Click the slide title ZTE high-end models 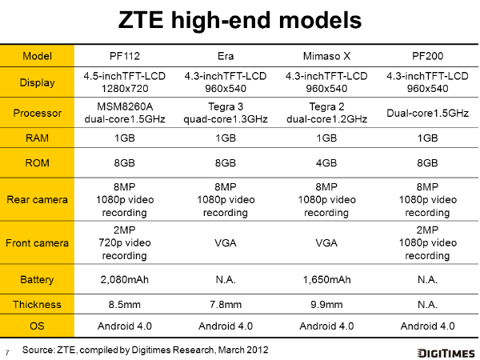pos(240,20)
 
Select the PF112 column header pos(125,56)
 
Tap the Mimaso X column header pos(326,56)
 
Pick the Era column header pos(226,56)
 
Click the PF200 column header pos(427,56)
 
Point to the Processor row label pos(38,113)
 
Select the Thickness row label pos(37,305)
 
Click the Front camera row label pos(37,243)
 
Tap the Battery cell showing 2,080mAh pos(125,279)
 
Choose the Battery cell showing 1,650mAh pos(326,279)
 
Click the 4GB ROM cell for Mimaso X pos(326,163)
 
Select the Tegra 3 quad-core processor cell pos(226,113)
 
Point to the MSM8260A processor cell pos(125,113)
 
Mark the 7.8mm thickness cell pos(226,305)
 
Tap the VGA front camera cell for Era pos(226,243)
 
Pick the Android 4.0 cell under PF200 pos(427,326)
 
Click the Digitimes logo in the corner pos(446,353)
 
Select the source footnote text pos(145,350)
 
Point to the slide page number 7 pos(6,353)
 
